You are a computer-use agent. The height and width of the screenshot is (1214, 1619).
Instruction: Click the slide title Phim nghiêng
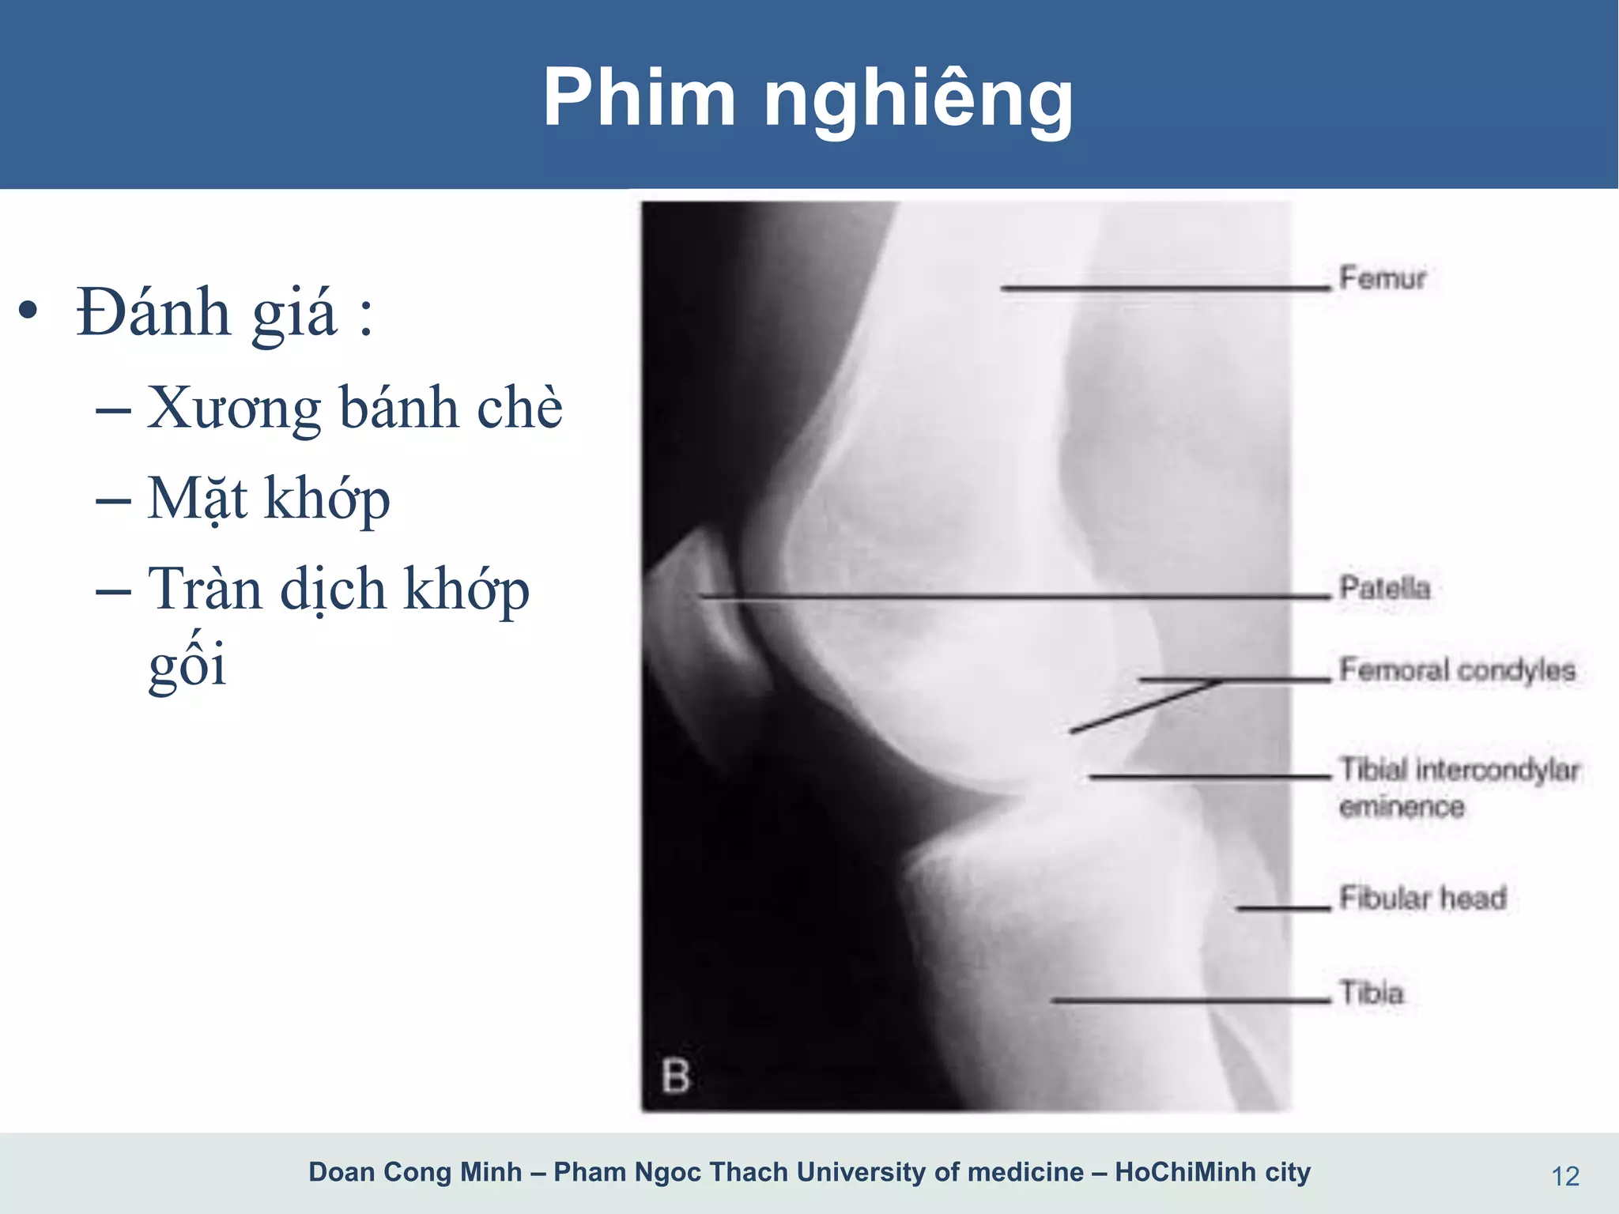[808, 98]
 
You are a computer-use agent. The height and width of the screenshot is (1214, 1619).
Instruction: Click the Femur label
[1382, 278]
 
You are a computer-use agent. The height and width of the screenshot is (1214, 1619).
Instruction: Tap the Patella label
[1384, 588]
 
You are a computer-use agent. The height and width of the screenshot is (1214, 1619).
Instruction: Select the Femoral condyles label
[1457, 670]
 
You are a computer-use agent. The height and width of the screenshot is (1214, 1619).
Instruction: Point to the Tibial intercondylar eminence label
[1459, 787]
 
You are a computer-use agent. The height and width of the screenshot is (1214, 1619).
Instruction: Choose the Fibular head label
[1422, 898]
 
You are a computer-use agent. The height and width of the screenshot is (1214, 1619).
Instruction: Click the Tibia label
[1371, 993]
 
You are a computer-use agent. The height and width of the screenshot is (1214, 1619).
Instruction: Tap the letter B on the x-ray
[675, 1076]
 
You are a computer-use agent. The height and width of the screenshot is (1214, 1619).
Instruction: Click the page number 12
[1565, 1177]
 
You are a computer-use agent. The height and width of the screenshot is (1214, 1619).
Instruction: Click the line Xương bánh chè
[355, 408]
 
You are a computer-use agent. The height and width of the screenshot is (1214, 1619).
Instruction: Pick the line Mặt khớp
[269, 499]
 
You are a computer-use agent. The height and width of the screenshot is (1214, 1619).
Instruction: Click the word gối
[187, 664]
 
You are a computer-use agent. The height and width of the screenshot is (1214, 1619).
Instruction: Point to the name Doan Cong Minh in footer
[415, 1171]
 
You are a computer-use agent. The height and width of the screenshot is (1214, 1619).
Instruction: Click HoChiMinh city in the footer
[1213, 1171]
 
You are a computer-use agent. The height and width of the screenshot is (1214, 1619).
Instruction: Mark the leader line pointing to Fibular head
[1284, 909]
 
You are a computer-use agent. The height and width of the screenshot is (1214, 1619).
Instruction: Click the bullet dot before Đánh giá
[28, 311]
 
